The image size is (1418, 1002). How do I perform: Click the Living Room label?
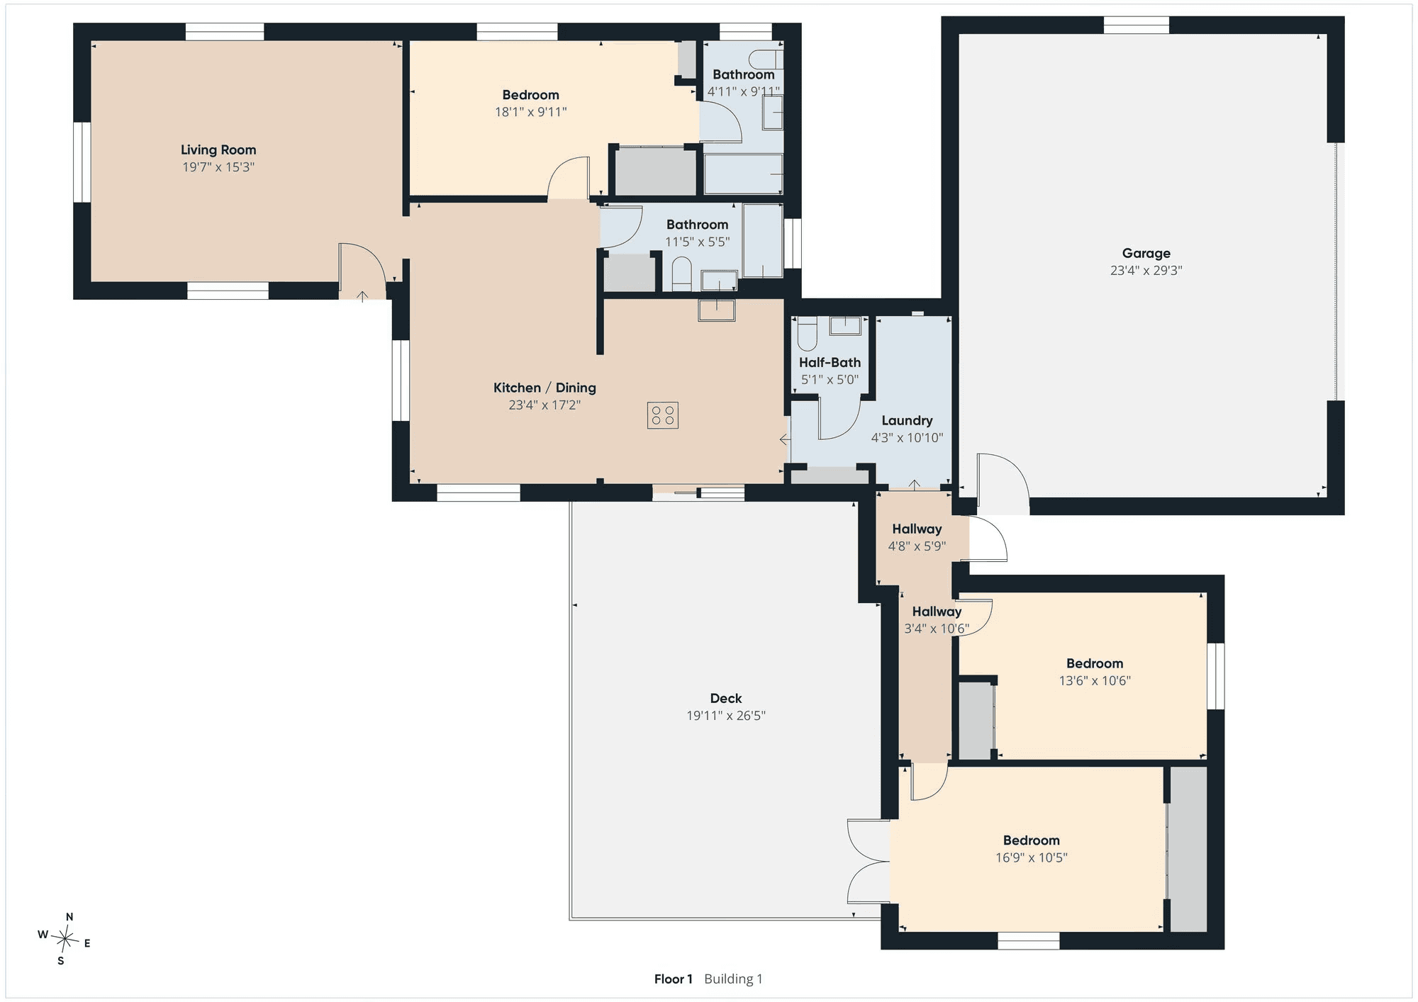click(218, 150)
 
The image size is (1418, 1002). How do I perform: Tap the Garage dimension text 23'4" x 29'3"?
click(1146, 270)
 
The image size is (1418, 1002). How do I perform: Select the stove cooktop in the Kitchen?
click(662, 415)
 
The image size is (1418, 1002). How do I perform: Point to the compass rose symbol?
click(65, 940)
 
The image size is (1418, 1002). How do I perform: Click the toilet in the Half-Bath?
click(807, 334)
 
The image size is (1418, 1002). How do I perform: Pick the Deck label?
click(726, 698)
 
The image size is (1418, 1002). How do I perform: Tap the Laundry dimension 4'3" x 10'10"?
click(907, 437)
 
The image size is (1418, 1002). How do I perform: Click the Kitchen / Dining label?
click(545, 388)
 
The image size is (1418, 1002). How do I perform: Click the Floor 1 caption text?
click(674, 979)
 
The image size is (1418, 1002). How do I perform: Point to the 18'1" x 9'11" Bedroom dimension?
click(530, 112)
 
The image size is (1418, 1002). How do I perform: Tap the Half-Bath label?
click(830, 362)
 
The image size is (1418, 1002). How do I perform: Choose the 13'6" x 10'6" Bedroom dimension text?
click(1095, 681)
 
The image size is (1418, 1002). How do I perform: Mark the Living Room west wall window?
click(82, 162)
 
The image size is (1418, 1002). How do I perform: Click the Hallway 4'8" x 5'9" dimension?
click(917, 546)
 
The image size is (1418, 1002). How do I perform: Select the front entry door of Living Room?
click(362, 271)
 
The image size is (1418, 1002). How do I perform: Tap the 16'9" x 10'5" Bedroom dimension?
click(1031, 857)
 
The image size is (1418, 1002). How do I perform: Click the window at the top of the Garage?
click(1136, 25)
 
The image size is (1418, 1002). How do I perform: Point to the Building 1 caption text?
click(733, 979)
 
